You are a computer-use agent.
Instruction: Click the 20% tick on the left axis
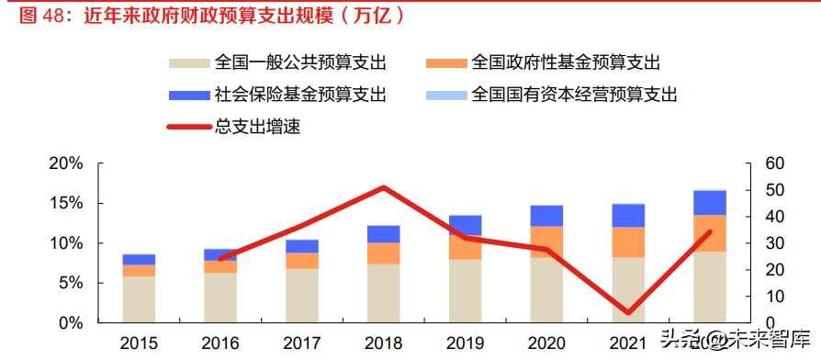(x=66, y=163)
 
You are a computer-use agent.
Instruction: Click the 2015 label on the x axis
(x=139, y=343)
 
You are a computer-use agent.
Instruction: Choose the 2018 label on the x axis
(x=383, y=343)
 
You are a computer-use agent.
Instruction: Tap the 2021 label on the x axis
(x=628, y=343)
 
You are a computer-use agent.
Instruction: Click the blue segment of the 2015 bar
(x=139, y=260)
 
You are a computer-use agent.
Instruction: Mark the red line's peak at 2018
(x=383, y=187)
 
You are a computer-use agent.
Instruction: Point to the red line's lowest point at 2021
(x=628, y=313)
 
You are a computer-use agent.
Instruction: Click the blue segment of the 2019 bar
(x=465, y=225)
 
